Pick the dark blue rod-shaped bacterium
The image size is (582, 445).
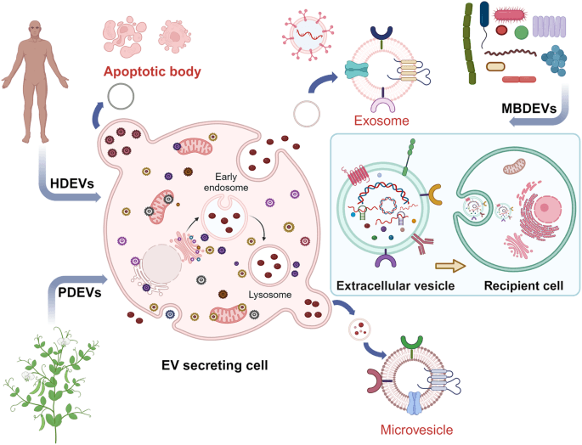[x=484, y=15]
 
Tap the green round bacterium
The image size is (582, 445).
[x=521, y=32]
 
